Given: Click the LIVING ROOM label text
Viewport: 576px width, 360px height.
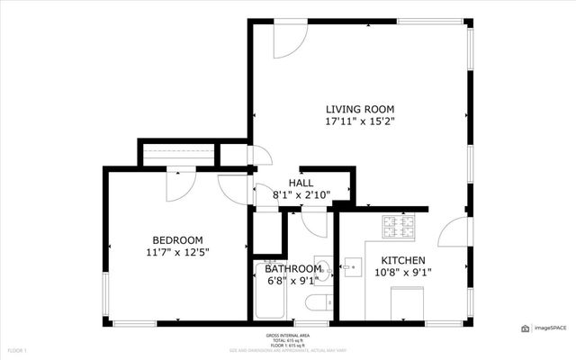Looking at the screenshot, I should [360, 108].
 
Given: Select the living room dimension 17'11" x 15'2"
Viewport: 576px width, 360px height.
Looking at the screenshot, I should [360, 122].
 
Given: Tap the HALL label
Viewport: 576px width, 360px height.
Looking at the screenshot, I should [301, 184].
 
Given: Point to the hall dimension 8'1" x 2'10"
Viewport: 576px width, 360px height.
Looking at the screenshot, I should [301, 196].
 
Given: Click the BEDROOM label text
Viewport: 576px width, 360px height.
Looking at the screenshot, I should [177, 239].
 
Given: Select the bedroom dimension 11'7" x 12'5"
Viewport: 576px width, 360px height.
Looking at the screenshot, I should [177, 253].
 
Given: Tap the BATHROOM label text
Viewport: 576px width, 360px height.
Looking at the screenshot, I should [292, 268].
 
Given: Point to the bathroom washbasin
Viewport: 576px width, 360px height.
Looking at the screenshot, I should [326, 269].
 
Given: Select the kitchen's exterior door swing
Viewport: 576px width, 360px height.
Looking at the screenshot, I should [454, 231].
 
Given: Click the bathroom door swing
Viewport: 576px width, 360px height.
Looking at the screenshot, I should [314, 224].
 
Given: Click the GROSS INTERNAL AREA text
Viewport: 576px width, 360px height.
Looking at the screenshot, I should [288, 334].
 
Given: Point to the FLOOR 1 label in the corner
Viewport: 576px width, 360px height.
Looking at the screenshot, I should [18, 349].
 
